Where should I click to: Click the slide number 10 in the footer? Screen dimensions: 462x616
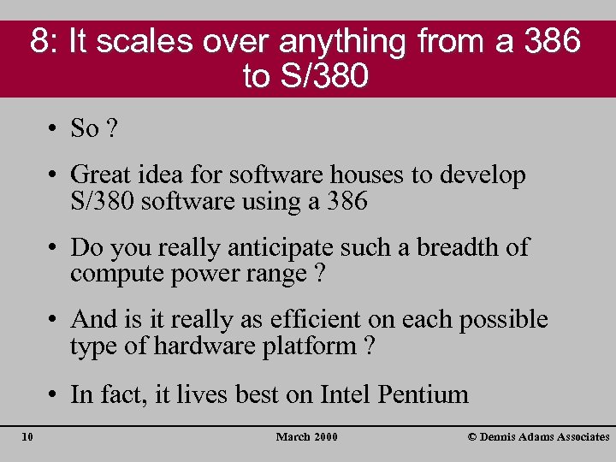tap(27, 437)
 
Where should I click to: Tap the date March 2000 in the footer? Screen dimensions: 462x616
tap(306, 437)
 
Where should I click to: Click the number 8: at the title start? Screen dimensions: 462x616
tap(44, 41)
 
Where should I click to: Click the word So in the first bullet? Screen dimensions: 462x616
tap(85, 129)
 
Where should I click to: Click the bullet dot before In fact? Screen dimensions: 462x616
tap(53, 395)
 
